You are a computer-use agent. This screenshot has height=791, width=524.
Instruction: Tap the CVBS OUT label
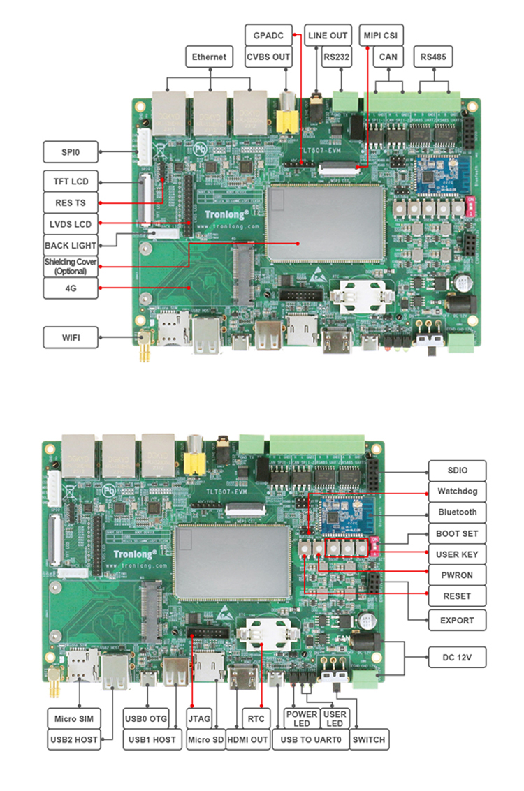coord(269,57)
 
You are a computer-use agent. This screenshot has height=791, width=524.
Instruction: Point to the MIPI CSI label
coord(382,34)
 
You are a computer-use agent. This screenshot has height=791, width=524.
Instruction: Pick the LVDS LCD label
coord(71,224)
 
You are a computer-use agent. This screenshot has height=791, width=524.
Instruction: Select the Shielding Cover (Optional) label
coord(71,266)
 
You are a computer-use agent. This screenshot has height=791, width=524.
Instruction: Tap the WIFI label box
coord(71,338)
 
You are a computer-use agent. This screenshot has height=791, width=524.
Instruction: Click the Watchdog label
coord(457,491)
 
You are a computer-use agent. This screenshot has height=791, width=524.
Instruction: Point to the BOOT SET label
coord(457,533)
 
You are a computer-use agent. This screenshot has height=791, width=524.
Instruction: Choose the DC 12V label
coord(457,657)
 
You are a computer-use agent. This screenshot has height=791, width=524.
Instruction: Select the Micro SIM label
coord(74,718)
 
